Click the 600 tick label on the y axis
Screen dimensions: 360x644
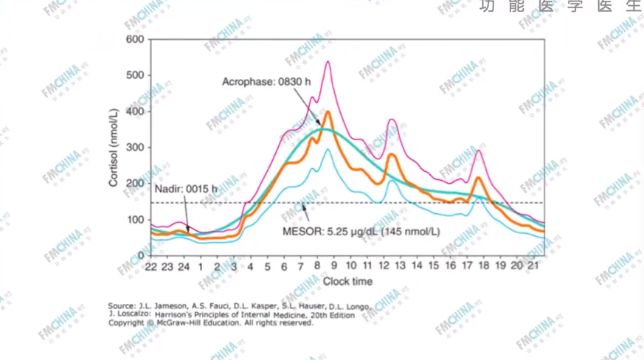[134, 39]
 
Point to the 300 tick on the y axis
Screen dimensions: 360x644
[134, 148]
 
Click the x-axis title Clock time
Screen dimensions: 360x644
[347, 281]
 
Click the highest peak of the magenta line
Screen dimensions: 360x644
[328, 62]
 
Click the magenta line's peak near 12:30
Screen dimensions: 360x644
[392, 120]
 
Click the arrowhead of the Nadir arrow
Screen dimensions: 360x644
[190, 233]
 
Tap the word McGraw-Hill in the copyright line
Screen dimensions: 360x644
[182, 322]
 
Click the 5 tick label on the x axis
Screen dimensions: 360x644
[268, 266]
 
